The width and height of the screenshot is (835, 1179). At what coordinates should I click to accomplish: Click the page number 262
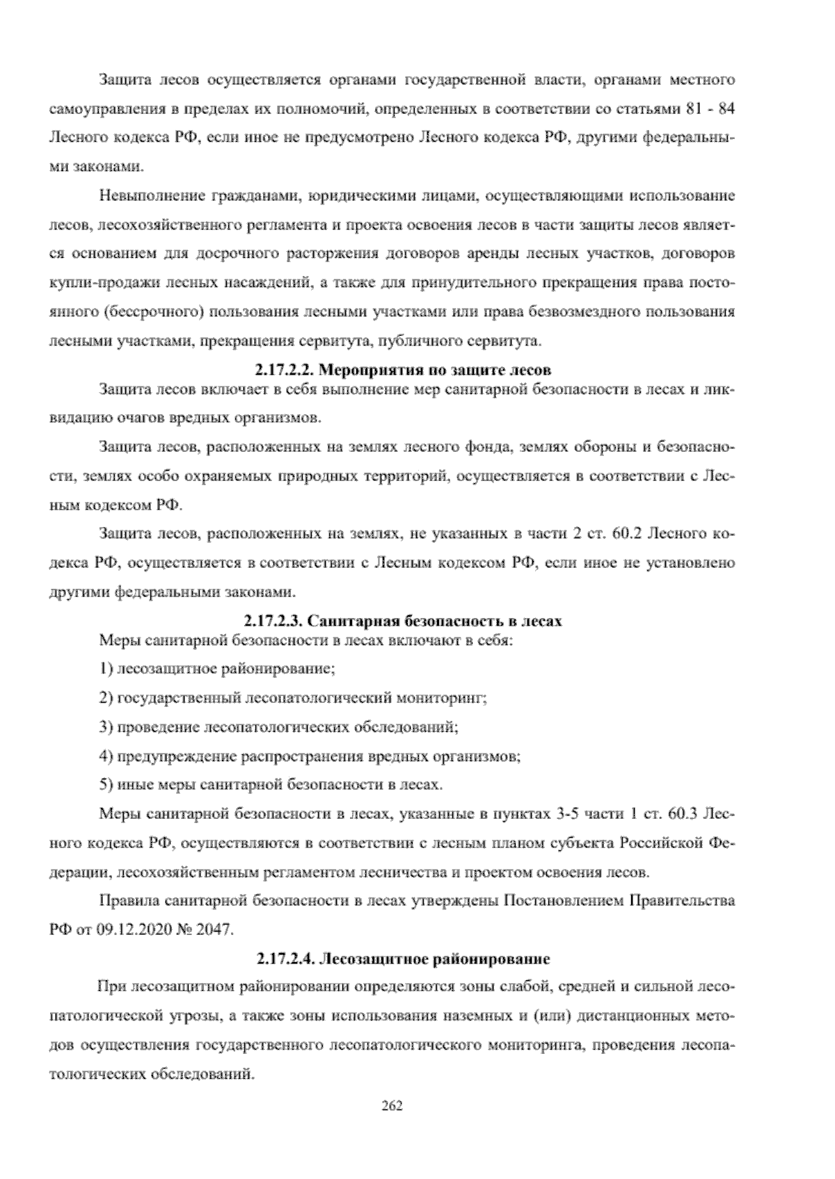tap(392, 1105)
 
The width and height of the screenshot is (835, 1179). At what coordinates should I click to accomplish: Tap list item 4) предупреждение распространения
tap(310, 756)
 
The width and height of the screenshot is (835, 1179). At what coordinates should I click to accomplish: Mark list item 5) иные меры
tap(271, 785)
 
